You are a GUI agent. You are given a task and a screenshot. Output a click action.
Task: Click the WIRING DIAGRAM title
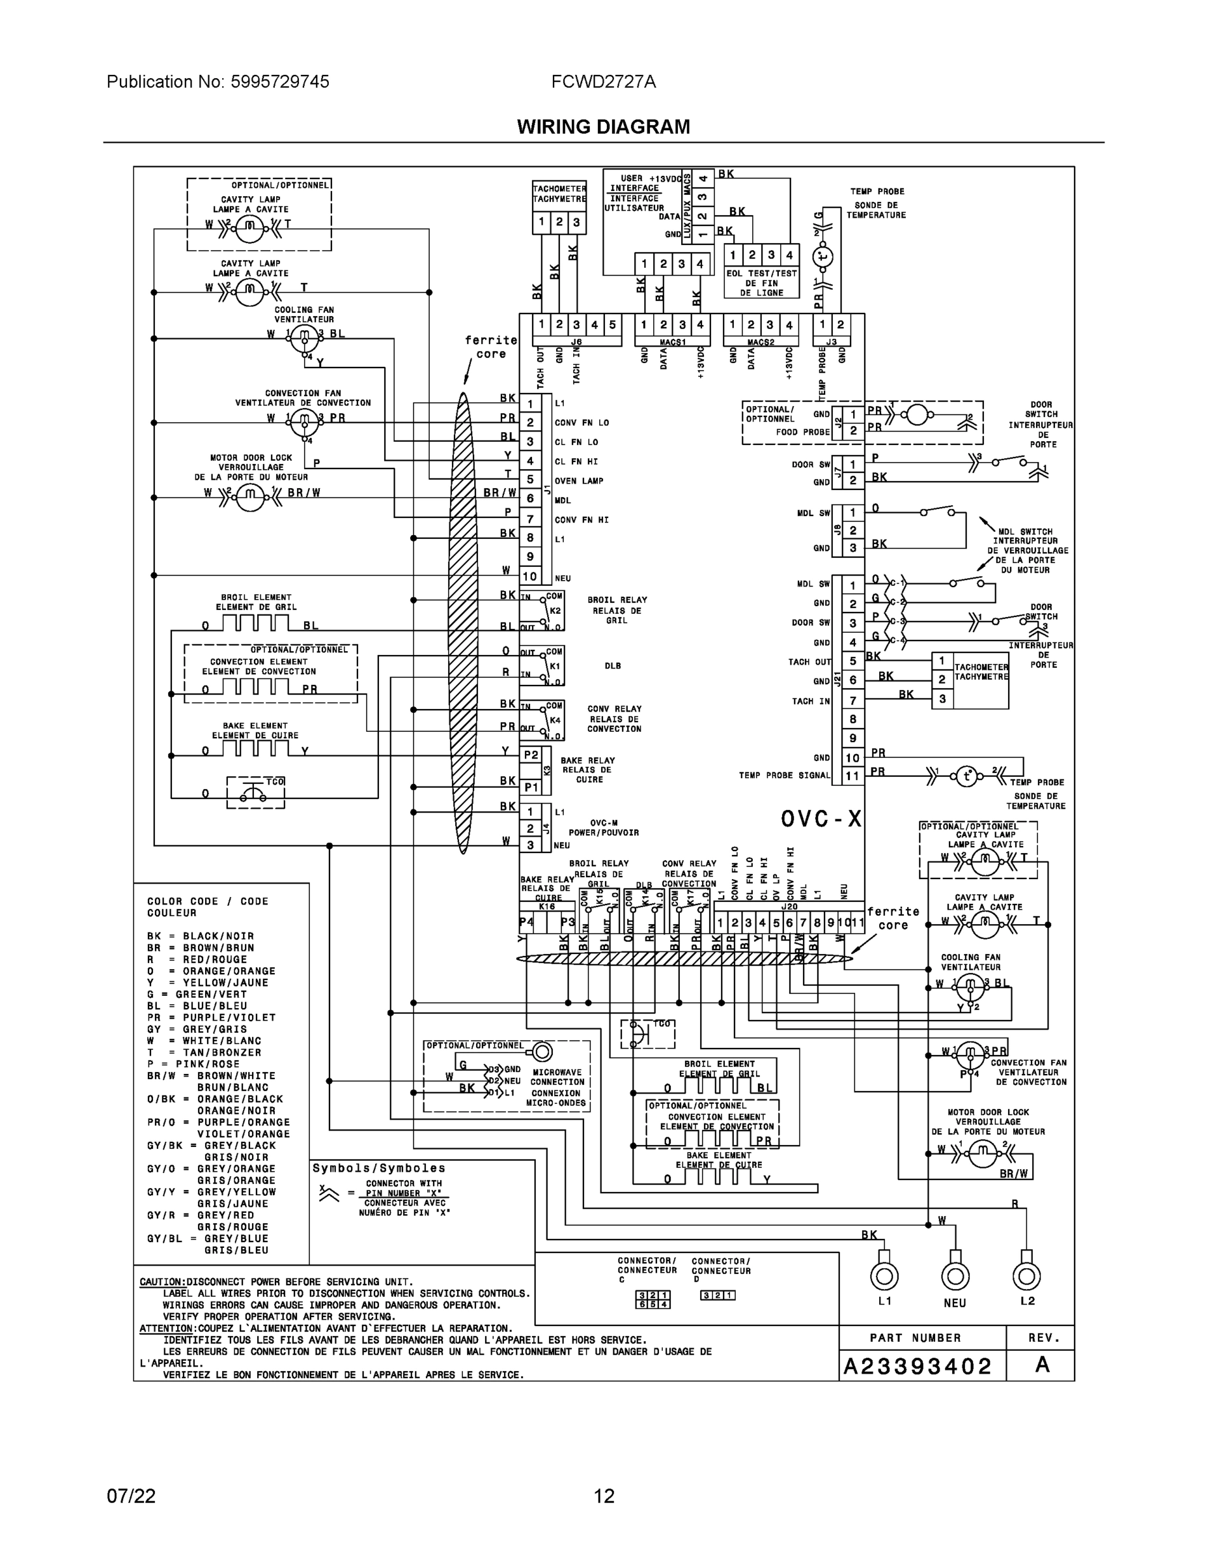point(603,127)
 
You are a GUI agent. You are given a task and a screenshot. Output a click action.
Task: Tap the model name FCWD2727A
point(603,81)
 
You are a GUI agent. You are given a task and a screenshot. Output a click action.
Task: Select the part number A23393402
point(918,1367)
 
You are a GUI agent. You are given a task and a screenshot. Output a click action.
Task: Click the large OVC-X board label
point(821,818)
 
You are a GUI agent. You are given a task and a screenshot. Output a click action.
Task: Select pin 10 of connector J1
point(529,576)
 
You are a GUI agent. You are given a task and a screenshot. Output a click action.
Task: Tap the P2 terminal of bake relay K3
point(530,755)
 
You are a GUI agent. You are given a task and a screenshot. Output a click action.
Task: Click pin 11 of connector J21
point(852,775)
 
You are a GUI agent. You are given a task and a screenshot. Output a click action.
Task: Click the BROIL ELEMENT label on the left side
point(255,597)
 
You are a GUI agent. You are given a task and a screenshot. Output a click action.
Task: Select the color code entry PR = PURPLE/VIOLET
point(211,1018)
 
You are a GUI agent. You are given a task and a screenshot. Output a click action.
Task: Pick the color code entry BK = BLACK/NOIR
point(201,936)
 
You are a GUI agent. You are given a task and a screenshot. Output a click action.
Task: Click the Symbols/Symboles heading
point(378,1168)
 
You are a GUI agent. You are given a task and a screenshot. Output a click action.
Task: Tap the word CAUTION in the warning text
point(162,1282)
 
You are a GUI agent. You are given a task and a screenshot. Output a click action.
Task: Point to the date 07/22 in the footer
point(131,1496)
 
